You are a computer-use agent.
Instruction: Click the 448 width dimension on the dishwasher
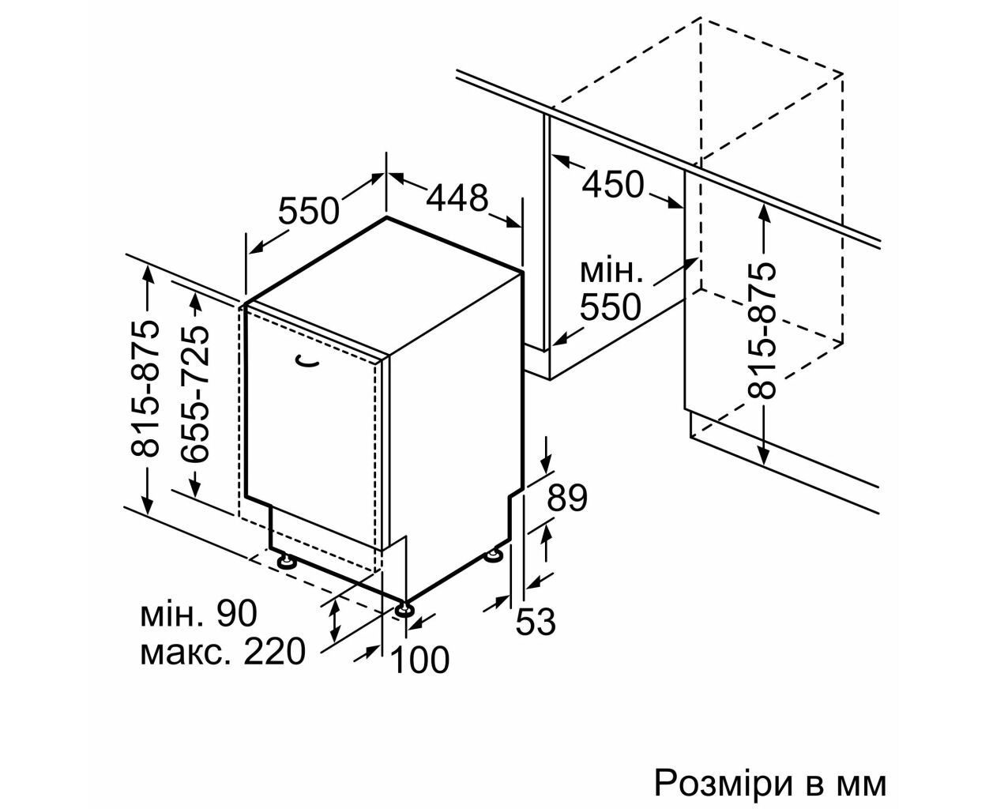tap(457, 198)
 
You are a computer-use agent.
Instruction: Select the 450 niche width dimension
tap(613, 184)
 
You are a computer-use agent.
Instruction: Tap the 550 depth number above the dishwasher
tap(308, 211)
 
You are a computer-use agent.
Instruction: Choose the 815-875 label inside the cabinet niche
tap(761, 331)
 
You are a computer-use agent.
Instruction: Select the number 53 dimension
tap(536, 622)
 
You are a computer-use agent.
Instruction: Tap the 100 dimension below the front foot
tap(419, 660)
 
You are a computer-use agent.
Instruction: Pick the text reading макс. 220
tap(223, 652)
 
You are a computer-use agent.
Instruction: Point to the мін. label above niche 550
tap(611, 272)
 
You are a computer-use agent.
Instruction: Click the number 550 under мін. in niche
tap(611, 307)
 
